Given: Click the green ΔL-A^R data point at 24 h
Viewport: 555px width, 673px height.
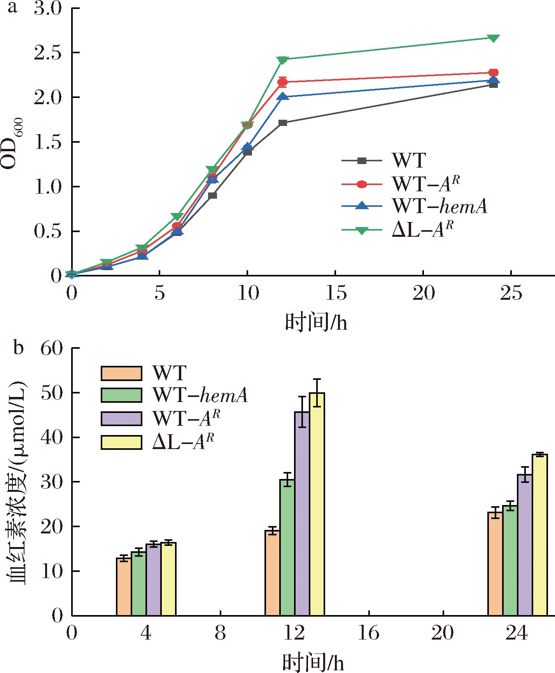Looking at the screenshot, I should click(493, 38).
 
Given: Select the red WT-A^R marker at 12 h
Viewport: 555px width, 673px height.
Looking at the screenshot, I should click(283, 82).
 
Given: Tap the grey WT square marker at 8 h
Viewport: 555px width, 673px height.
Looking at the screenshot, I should click(212, 195).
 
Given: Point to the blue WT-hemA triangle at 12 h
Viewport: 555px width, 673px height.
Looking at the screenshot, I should click(283, 96).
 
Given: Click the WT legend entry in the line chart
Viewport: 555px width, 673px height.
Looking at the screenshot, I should click(408, 161).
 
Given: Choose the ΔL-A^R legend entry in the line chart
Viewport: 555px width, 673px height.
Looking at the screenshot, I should click(422, 230).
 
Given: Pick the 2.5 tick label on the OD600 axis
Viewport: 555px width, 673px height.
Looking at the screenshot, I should click(49, 53).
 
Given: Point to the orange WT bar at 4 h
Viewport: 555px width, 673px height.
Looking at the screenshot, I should click(124, 587).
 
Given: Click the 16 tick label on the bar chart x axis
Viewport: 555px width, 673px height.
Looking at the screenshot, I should click(368, 634).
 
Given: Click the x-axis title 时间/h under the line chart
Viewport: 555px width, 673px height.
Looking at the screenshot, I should click(316, 323).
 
